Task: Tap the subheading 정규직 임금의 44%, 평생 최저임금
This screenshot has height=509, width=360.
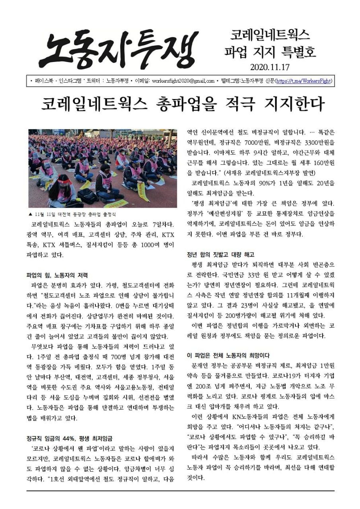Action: (69, 439)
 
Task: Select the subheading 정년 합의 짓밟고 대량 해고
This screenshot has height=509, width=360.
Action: (221, 254)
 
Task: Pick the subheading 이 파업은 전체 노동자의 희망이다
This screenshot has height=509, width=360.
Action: (228, 355)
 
